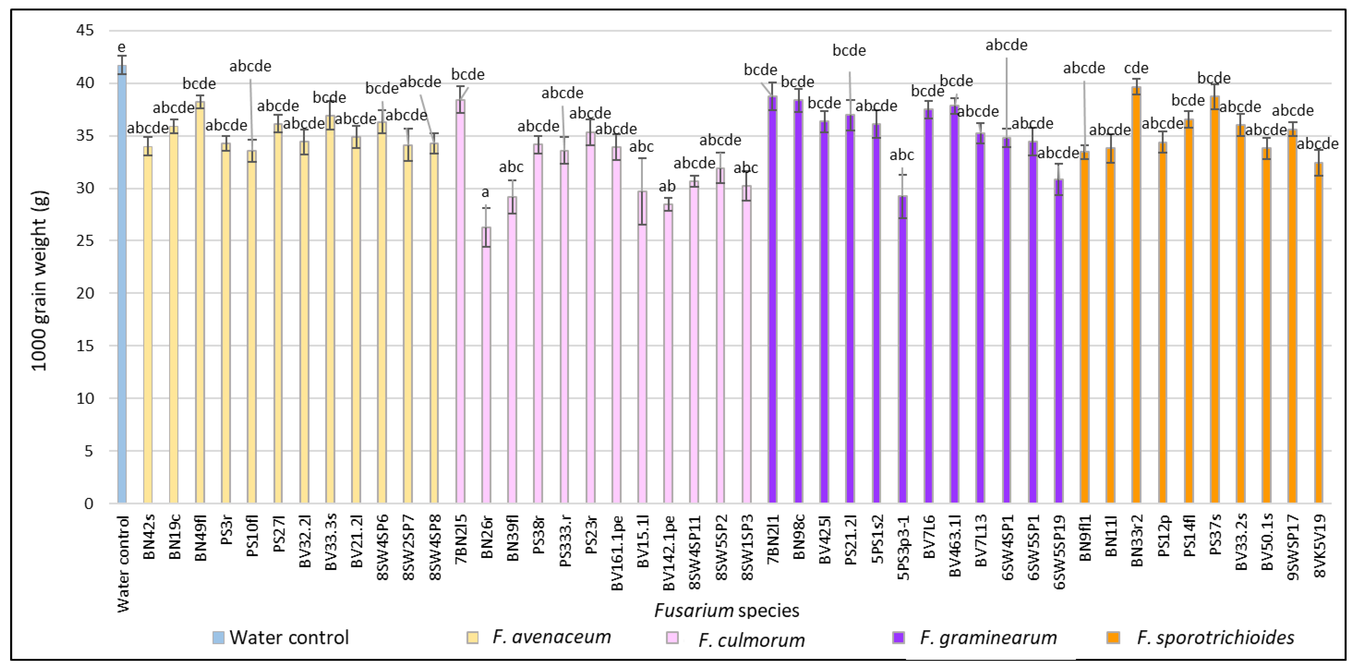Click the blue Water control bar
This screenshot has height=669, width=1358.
[x=122, y=285]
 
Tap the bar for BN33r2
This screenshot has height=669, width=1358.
[x=1137, y=295]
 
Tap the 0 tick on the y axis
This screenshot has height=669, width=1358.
[x=89, y=503]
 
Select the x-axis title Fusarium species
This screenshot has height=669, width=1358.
[x=727, y=610]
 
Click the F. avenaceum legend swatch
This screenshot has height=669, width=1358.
[x=473, y=637]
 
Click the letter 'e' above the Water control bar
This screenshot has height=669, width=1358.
[x=122, y=48]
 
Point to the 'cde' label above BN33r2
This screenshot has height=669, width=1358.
[x=1137, y=68]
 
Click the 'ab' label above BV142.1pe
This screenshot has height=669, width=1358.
[x=667, y=186]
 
